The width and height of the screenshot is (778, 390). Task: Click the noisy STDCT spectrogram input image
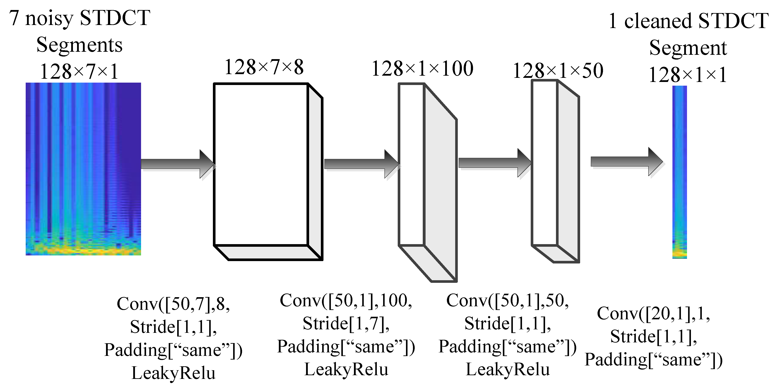coord(83,169)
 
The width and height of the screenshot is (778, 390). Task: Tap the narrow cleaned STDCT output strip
coord(680,172)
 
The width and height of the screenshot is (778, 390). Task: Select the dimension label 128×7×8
coord(264,67)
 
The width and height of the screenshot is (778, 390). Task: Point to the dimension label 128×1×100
coord(422,68)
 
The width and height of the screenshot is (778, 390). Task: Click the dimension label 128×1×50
coord(558,71)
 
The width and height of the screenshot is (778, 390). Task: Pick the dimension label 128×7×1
coord(79,72)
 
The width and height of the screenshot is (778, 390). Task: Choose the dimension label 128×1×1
coord(687,75)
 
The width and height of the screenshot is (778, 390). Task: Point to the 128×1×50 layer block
coord(555,170)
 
